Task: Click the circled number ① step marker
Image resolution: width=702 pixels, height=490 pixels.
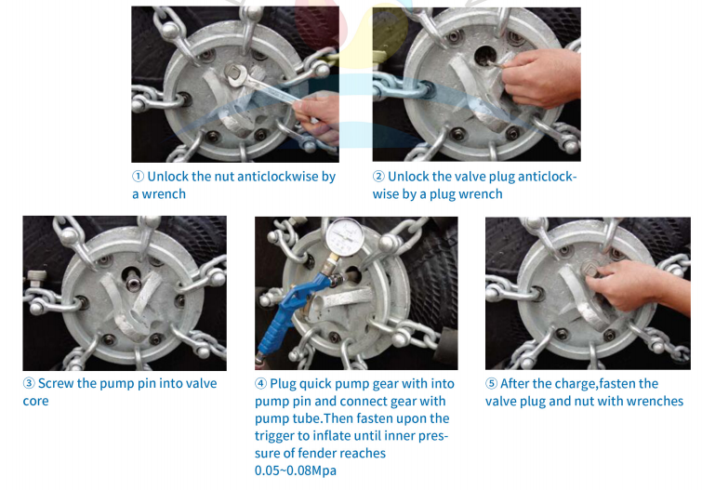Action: (138, 177)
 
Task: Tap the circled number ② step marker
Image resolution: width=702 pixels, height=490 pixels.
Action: (378, 177)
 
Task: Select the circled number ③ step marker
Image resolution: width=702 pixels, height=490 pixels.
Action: (29, 383)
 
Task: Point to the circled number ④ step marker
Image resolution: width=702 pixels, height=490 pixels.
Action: (260, 384)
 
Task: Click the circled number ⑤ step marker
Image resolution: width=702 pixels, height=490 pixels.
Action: (491, 384)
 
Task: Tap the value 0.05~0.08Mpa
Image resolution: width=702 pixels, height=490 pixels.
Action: (296, 470)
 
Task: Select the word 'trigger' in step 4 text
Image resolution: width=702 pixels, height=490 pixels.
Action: (276, 436)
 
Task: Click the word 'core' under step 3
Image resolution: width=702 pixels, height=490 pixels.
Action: (36, 401)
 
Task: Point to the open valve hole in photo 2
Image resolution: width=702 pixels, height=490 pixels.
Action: (484, 55)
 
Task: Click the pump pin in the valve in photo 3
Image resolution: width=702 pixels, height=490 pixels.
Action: (133, 283)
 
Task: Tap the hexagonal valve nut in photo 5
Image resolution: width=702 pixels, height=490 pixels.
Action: (589, 270)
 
